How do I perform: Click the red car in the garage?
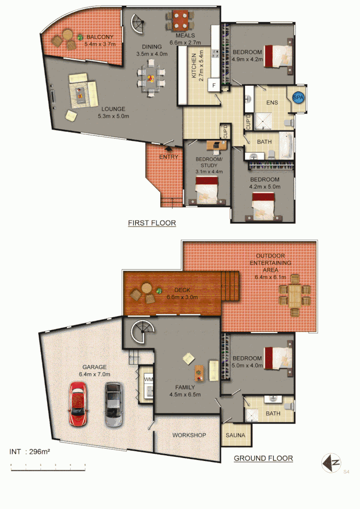78,404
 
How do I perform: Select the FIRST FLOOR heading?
152,223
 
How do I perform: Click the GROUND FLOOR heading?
263,458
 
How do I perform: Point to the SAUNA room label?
236,435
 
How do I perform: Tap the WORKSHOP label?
188,435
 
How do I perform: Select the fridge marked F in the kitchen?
214,86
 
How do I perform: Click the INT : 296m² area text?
30,452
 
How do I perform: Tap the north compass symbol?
331,463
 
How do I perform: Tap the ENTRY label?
168,156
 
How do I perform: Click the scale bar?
48,466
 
